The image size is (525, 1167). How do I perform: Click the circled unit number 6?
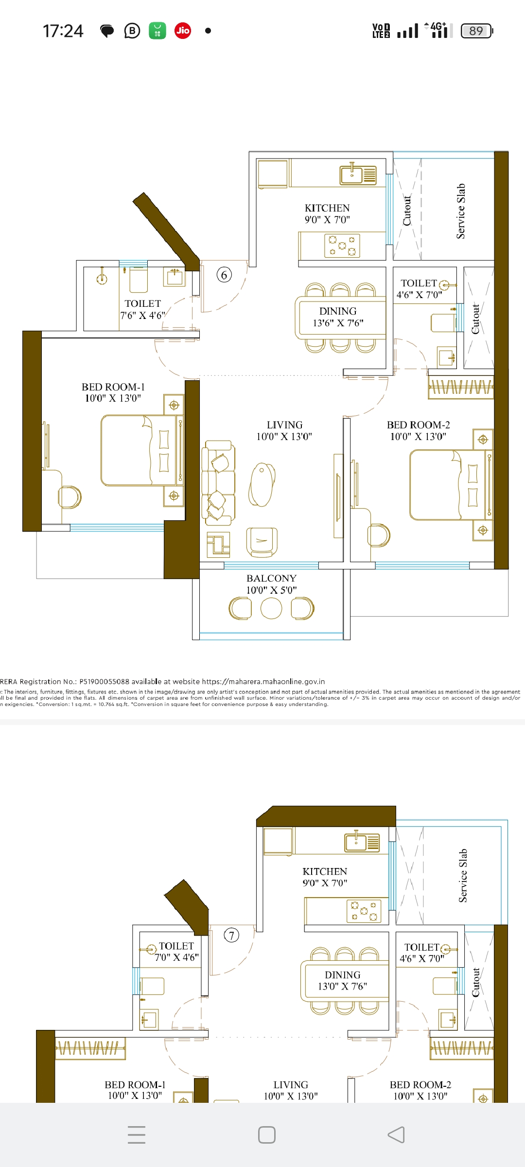pos(224,275)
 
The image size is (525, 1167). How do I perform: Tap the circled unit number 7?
pos(231,935)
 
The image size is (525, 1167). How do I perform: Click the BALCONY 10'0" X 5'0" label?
pos(271,584)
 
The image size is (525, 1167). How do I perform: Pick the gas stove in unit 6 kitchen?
pos(342,246)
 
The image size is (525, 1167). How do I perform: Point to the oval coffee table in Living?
pos(262,484)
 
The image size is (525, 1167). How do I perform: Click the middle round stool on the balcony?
pos(271,608)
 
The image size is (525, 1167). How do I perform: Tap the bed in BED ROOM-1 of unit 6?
pos(139,450)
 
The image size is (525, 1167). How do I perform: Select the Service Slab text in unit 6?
pos(461,211)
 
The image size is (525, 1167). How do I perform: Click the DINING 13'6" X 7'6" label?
pos(338,317)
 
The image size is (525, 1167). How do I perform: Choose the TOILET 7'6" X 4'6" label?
pos(142,309)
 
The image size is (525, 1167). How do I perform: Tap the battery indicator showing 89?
pos(477,31)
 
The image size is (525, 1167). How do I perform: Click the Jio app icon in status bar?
pos(183,31)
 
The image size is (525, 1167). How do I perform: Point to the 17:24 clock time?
pos(63,31)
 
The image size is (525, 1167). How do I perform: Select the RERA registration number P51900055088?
pos(105,682)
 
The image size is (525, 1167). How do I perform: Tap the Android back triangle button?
pos(396,1134)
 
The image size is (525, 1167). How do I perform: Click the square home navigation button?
pos(266,1134)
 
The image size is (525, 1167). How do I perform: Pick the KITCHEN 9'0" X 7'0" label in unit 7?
pos(325,877)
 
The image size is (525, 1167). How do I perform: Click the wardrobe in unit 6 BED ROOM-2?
pos(461,388)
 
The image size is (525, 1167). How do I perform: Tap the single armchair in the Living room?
pos(262,541)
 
